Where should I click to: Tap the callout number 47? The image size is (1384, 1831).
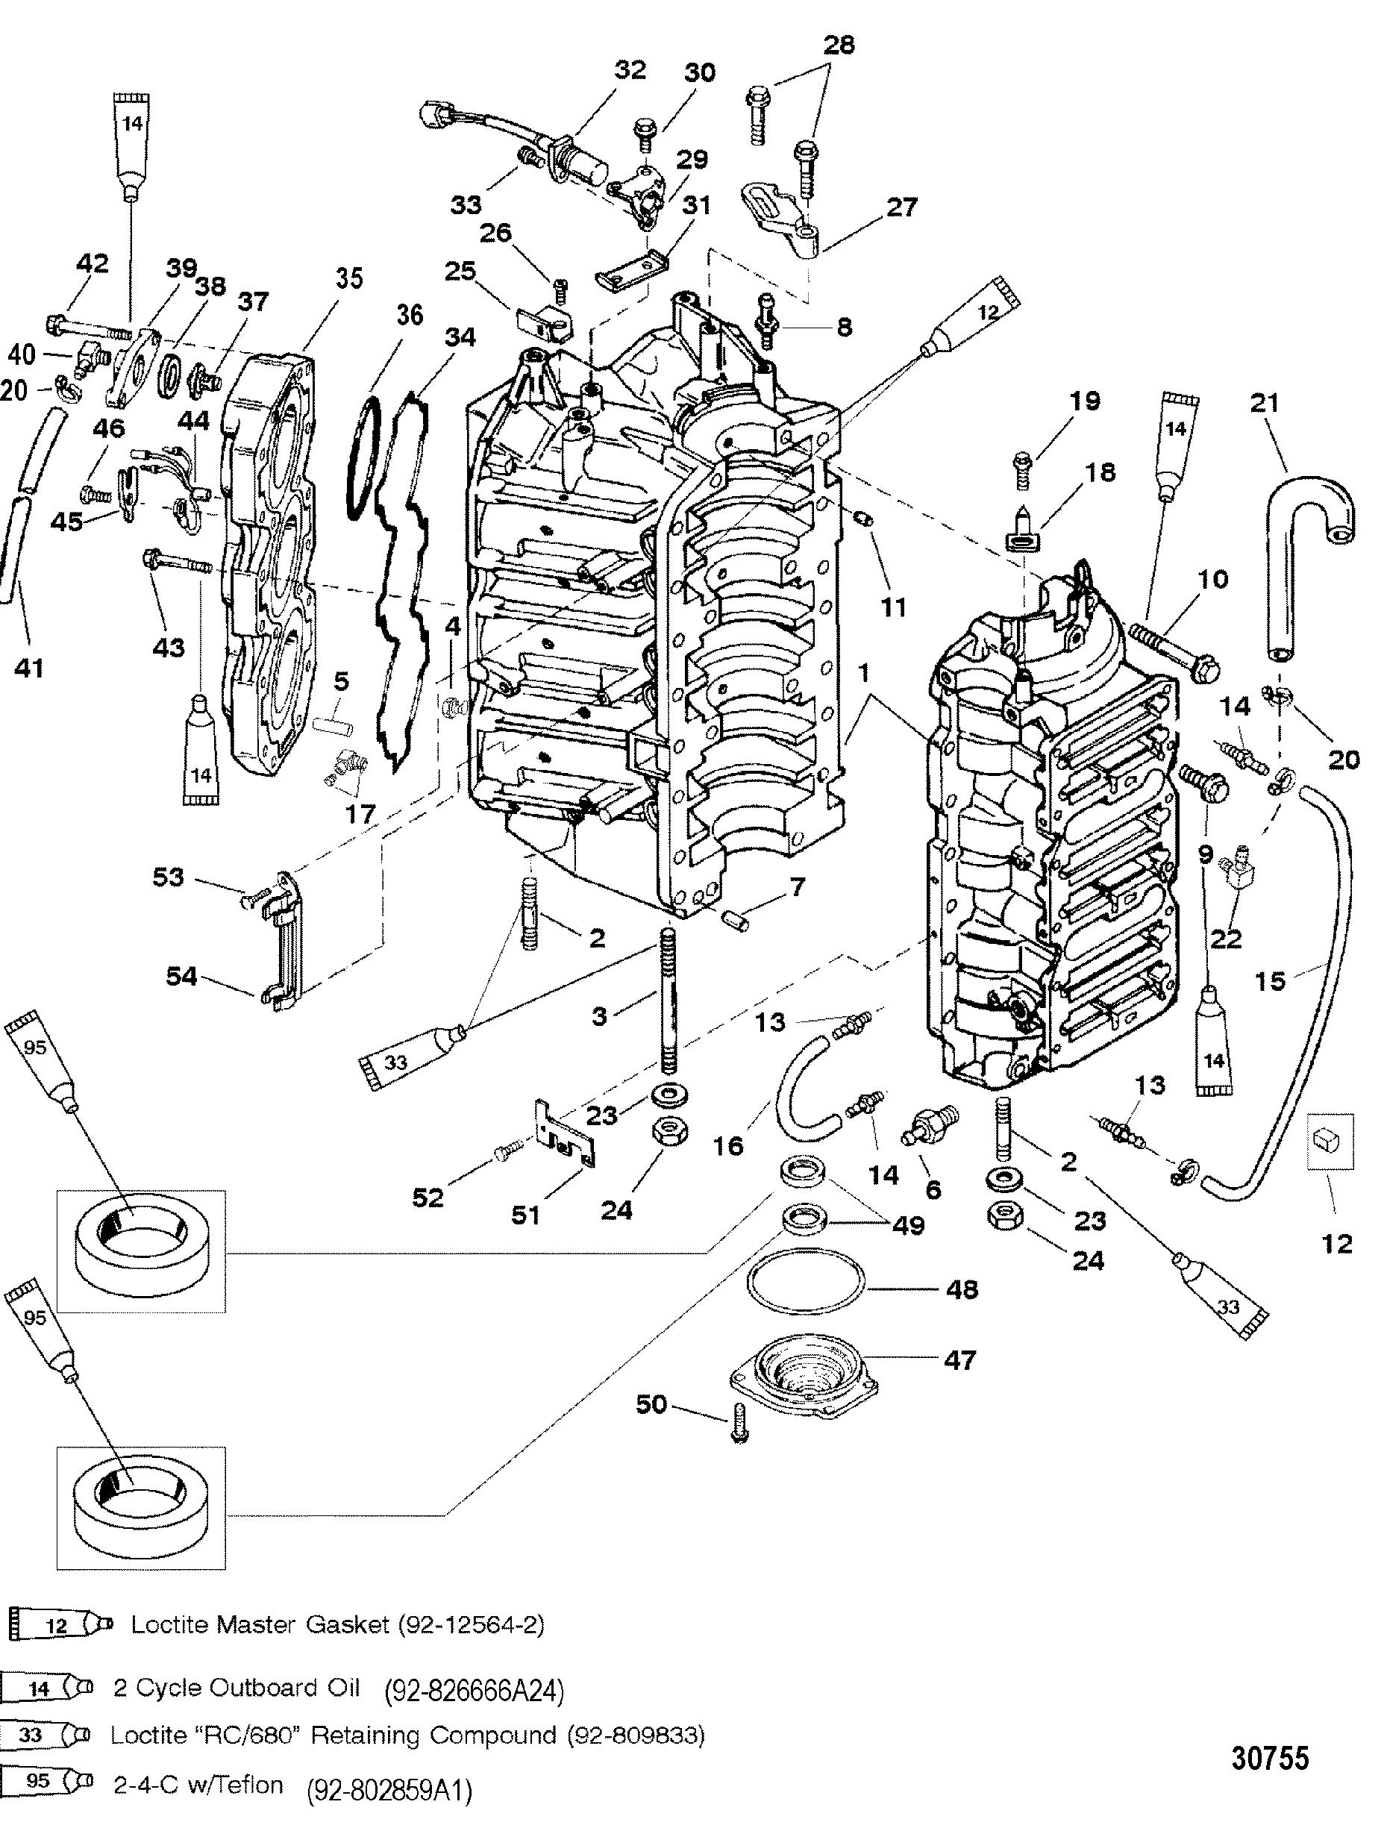[x=959, y=1360]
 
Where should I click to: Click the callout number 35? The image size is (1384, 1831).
[x=348, y=278]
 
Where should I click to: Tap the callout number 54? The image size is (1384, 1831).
[x=181, y=977]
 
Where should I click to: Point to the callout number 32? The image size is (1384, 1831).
[x=629, y=69]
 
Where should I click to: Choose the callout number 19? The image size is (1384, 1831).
[x=1085, y=401]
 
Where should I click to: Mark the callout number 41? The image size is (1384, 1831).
[x=30, y=667]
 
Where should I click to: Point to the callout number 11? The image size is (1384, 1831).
[x=893, y=607]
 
